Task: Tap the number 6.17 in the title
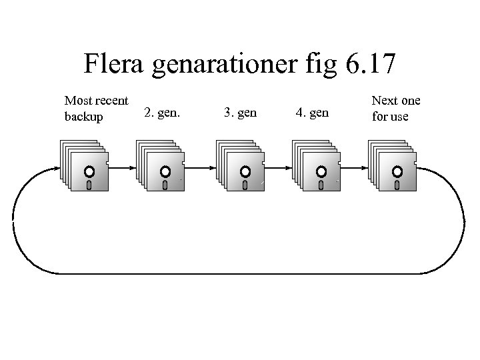[x=371, y=65]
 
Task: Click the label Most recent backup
[x=96, y=109]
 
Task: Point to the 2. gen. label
[x=163, y=113]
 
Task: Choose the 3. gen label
[x=240, y=113]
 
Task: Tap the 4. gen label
[x=311, y=113]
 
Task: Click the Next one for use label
[x=395, y=109]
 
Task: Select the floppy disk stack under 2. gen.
[x=159, y=166]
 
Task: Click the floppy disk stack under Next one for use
[x=392, y=166]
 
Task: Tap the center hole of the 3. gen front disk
[x=245, y=171]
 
